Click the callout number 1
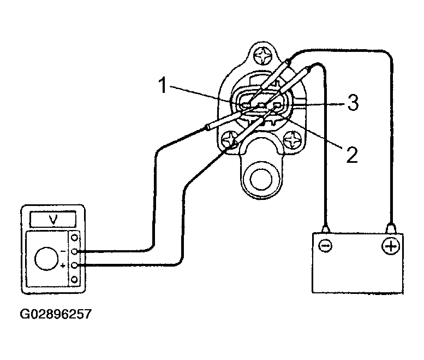pyautogui.click(x=162, y=85)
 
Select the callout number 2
pyautogui.click(x=352, y=154)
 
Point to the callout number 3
pyautogui.click(x=353, y=103)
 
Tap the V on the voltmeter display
pyautogui.click(x=53, y=219)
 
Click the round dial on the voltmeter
pyautogui.click(x=46, y=258)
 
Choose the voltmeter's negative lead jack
pyautogui.click(x=74, y=251)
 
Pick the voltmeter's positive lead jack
pyautogui.click(x=74, y=265)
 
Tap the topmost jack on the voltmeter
pyautogui.click(x=74, y=238)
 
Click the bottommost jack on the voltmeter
pyautogui.click(x=74, y=279)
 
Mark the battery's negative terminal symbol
pyautogui.click(x=325, y=246)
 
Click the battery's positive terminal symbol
pyautogui.click(x=391, y=246)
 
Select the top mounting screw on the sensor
pyautogui.click(x=263, y=57)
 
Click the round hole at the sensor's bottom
pyautogui.click(x=261, y=180)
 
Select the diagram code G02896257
pyautogui.click(x=56, y=314)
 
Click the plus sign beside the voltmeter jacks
pyautogui.click(x=63, y=265)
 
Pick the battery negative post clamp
pyautogui.click(x=326, y=229)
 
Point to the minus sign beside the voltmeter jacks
pyautogui.click(x=63, y=251)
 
